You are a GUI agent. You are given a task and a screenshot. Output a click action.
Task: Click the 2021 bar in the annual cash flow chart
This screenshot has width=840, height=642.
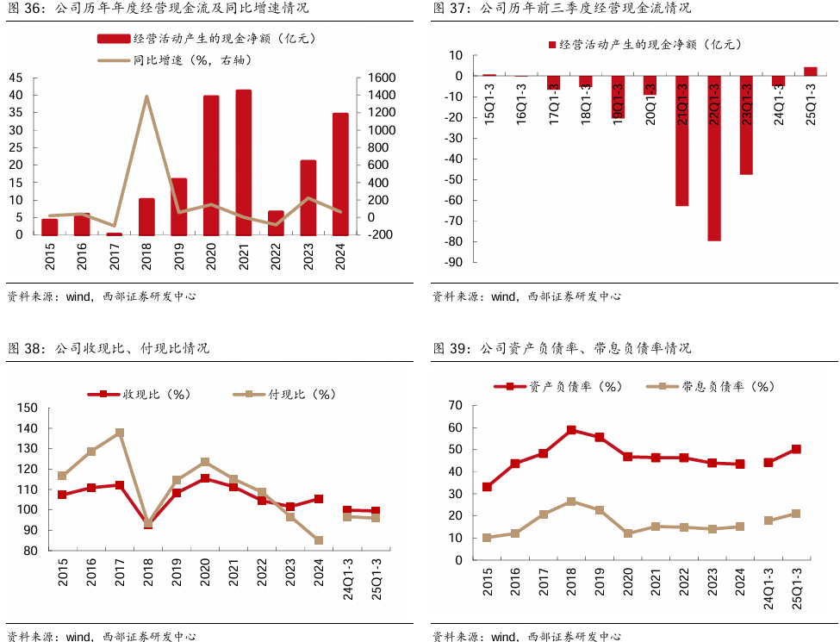tap(244, 162)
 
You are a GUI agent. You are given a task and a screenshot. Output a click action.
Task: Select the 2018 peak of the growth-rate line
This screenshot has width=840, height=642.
tap(146, 97)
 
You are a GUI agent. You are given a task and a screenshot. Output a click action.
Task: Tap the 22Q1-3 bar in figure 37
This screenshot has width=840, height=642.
tap(714, 159)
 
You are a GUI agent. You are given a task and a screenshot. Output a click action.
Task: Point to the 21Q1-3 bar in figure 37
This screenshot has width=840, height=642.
tap(681, 141)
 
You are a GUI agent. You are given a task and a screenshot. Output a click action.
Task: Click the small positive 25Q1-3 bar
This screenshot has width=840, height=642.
tap(811, 72)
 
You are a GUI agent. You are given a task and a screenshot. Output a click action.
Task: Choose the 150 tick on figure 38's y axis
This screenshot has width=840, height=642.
tap(28, 408)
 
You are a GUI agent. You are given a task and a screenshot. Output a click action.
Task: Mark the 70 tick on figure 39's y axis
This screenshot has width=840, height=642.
tap(457, 405)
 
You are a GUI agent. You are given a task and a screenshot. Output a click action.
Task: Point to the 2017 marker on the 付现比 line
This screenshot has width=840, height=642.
tap(120, 433)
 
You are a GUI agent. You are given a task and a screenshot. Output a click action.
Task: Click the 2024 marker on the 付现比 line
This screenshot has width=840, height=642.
tap(319, 540)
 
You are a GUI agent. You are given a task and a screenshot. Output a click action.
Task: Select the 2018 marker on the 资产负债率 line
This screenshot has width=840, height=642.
tap(571, 429)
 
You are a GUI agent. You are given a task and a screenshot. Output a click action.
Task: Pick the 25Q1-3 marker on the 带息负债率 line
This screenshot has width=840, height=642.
tap(796, 514)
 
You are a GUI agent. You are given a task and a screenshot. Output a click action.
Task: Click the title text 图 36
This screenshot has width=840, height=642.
tap(26, 9)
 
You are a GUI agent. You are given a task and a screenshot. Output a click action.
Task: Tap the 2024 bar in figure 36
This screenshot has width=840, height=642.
tap(340, 174)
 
